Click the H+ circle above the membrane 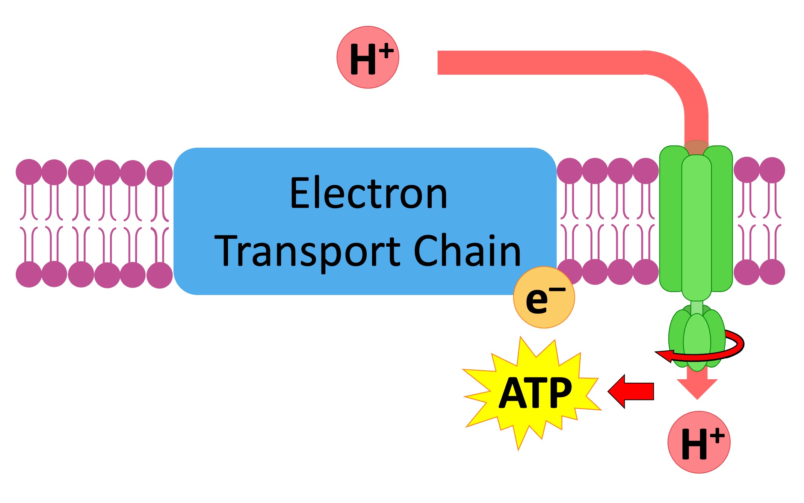pos(367,58)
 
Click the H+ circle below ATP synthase pos(699,442)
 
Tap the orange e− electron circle pos(544,297)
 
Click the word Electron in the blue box pos(369,193)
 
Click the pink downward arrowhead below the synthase pos(697,387)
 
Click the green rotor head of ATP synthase pos(697,338)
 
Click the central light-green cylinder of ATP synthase pos(696,226)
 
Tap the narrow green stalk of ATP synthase pos(697,307)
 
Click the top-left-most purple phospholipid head pos(29,172)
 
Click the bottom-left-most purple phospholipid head pos(29,274)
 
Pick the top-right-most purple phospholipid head pos(772,170)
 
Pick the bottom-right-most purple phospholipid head pos(772,272)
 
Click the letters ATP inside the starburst pos(535,393)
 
